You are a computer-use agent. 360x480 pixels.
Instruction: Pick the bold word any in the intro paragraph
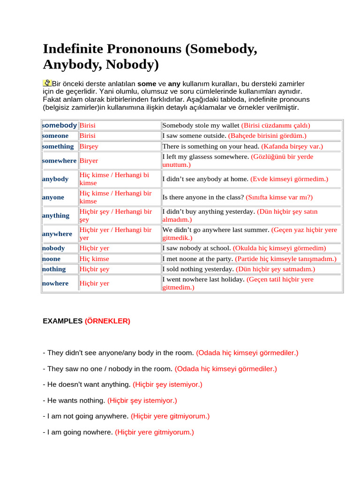pyautogui.click(x=174, y=83)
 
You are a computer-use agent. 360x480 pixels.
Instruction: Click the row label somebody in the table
pyautogui.click(x=60, y=125)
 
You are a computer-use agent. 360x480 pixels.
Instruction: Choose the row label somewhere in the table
pyautogui.click(x=59, y=161)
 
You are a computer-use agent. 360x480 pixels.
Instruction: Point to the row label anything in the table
pyautogui.click(x=56, y=216)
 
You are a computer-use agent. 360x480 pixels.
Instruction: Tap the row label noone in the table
pyautogui.click(x=52, y=259)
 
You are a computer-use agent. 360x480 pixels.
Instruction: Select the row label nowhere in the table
pyautogui.click(x=55, y=284)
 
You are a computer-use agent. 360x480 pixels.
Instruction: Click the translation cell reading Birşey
pyautogui.click(x=89, y=146)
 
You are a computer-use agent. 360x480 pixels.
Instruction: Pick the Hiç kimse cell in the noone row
pyautogui.click(x=94, y=259)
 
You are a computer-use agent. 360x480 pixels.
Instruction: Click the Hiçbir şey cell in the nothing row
pyautogui.click(x=94, y=269)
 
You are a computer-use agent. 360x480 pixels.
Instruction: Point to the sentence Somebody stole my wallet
pyautogui.click(x=201, y=125)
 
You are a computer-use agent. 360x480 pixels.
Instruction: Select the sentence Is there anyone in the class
pyautogui.click(x=203, y=197)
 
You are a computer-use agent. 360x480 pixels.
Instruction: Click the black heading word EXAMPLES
pyautogui.click(x=62, y=321)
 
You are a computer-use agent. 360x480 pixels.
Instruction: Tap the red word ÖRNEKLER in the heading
pyautogui.click(x=107, y=321)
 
